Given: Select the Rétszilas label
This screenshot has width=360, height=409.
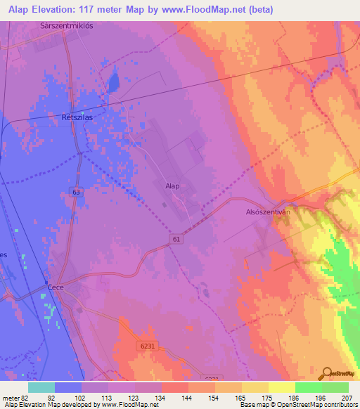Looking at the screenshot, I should point(77,118).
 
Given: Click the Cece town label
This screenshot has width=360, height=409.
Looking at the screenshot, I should point(57,287).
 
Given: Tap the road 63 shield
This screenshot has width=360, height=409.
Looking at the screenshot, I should point(75,191).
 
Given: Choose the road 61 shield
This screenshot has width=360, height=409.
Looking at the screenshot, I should point(174,240).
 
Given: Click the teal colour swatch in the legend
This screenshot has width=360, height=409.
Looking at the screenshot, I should point(41,387).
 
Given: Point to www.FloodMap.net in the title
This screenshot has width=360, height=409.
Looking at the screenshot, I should point(211,9).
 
